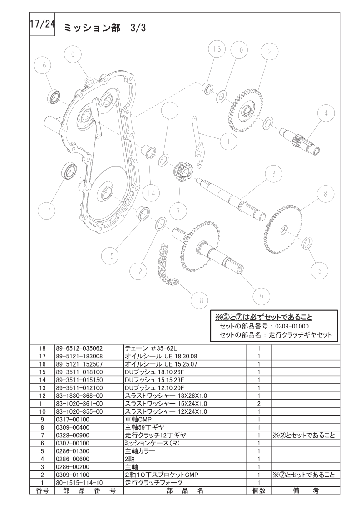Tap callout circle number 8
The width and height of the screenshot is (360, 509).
(325, 194)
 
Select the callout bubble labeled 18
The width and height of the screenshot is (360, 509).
(199, 300)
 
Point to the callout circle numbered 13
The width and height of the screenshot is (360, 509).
(217, 49)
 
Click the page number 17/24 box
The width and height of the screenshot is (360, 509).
(42, 24)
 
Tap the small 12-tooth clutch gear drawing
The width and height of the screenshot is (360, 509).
(182, 172)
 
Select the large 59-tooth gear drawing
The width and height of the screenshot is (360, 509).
(283, 229)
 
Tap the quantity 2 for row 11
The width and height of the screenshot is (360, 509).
(259, 404)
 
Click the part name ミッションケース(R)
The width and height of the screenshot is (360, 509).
(152, 443)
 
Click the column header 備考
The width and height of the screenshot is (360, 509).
(306, 490)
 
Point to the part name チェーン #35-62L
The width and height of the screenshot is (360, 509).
(151, 349)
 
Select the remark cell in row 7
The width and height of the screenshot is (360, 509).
(303, 436)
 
